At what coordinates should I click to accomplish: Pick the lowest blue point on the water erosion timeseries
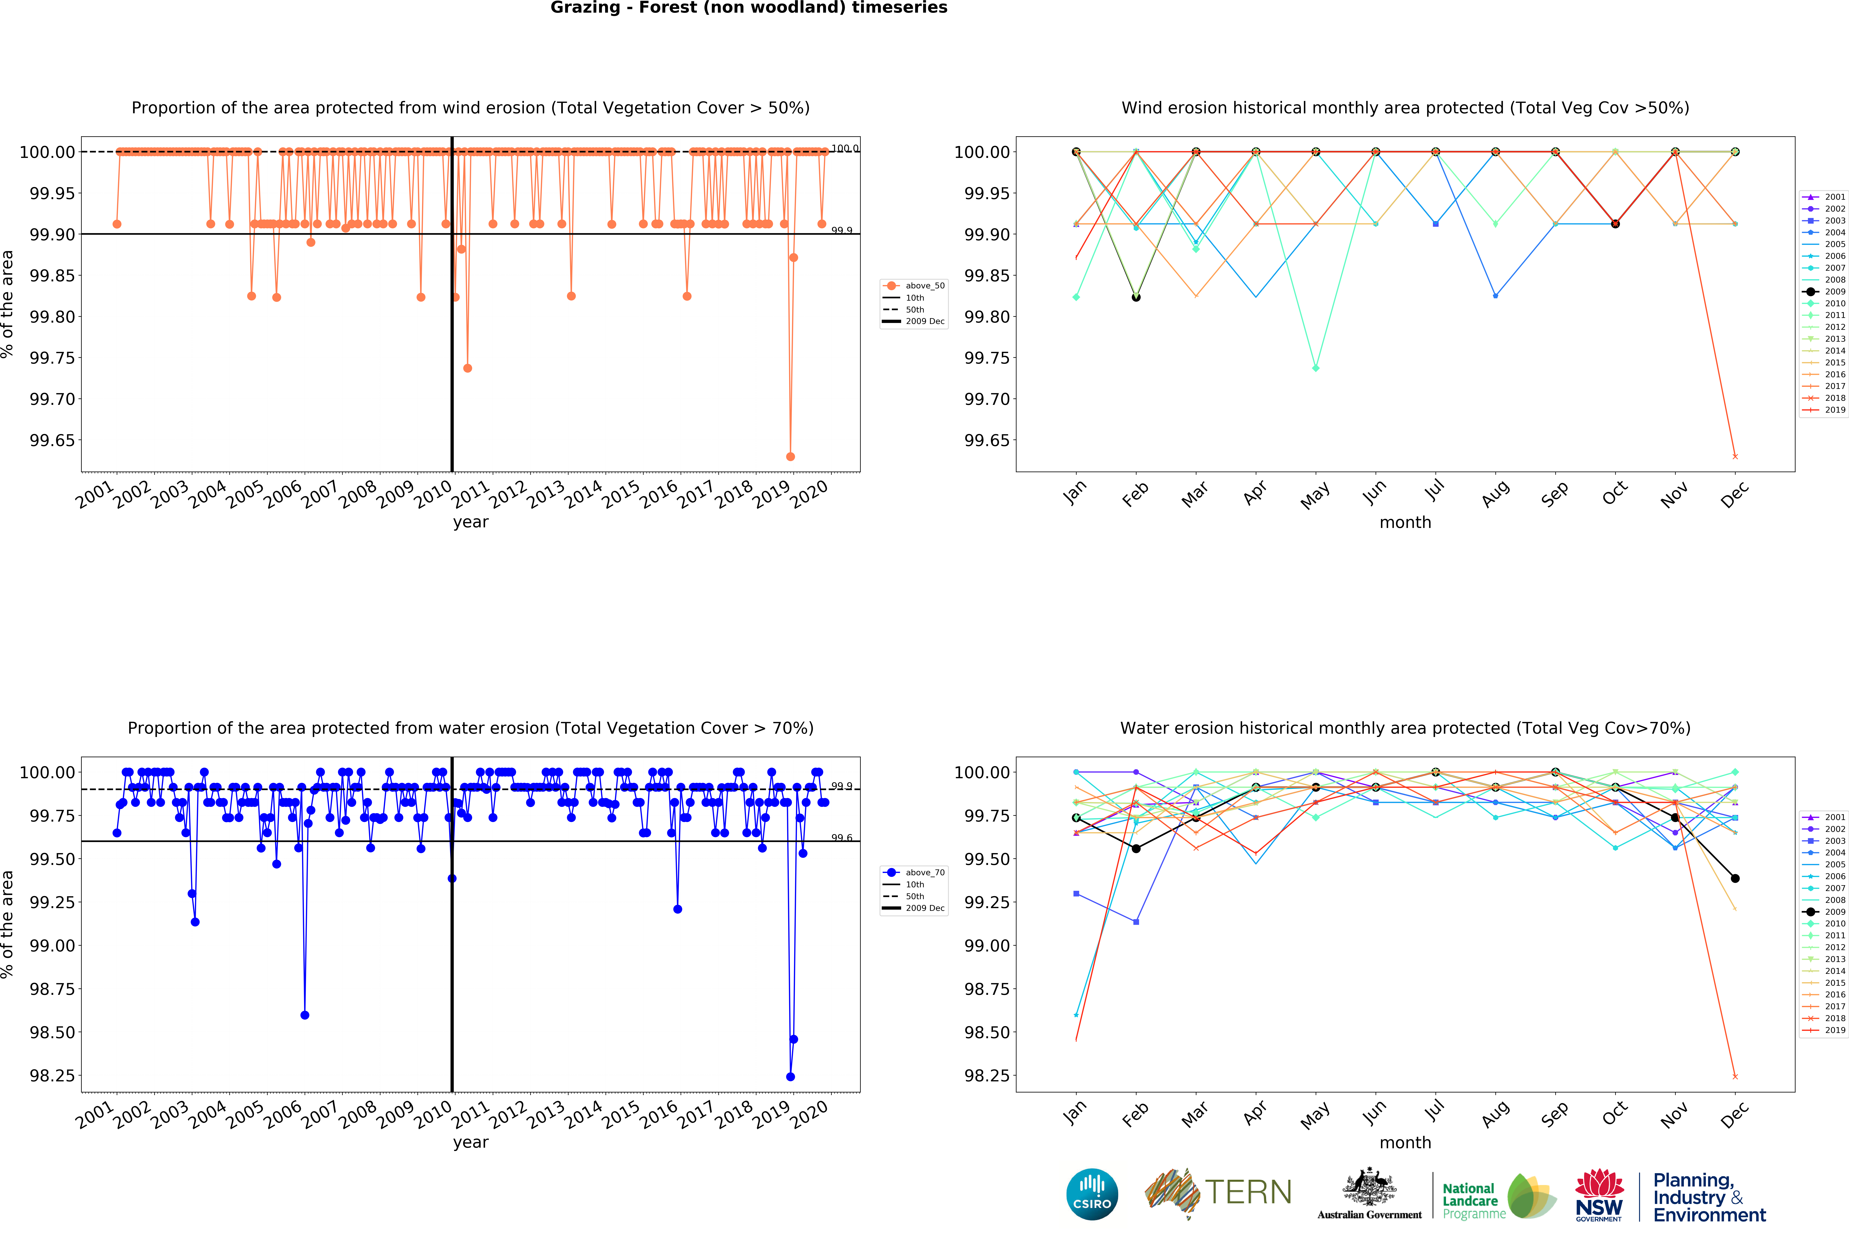790,1077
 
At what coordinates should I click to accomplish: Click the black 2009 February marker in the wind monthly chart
1136,297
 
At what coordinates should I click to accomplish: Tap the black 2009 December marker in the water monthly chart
1735,878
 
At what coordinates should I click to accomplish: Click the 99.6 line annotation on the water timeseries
841,837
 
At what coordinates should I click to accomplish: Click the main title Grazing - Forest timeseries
749,8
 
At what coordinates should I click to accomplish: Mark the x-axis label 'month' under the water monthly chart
1405,1142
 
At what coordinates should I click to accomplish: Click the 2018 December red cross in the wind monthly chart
1735,456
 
